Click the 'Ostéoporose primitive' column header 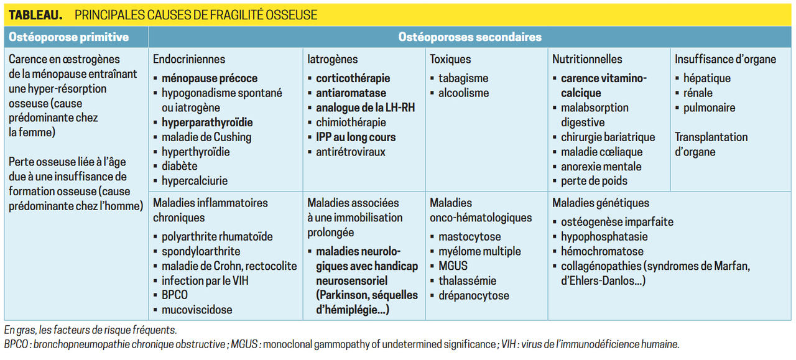point(68,37)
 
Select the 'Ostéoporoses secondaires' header point(470,37)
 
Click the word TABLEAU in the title point(36,15)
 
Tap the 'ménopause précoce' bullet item point(209,78)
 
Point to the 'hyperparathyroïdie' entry point(207,122)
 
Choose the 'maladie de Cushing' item point(206,137)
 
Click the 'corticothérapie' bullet point(353,78)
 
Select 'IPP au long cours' point(356,137)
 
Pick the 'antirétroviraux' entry point(351,152)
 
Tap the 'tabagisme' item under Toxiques point(463,78)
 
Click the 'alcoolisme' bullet point(463,93)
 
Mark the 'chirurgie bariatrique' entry point(608,137)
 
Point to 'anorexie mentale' point(601,167)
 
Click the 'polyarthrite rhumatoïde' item point(217,237)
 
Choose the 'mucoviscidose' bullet point(197,310)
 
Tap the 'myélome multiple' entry point(479,251)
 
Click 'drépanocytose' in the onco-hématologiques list point(473,295)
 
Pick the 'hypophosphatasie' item point(604,237)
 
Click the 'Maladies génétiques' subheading point(600,203)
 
